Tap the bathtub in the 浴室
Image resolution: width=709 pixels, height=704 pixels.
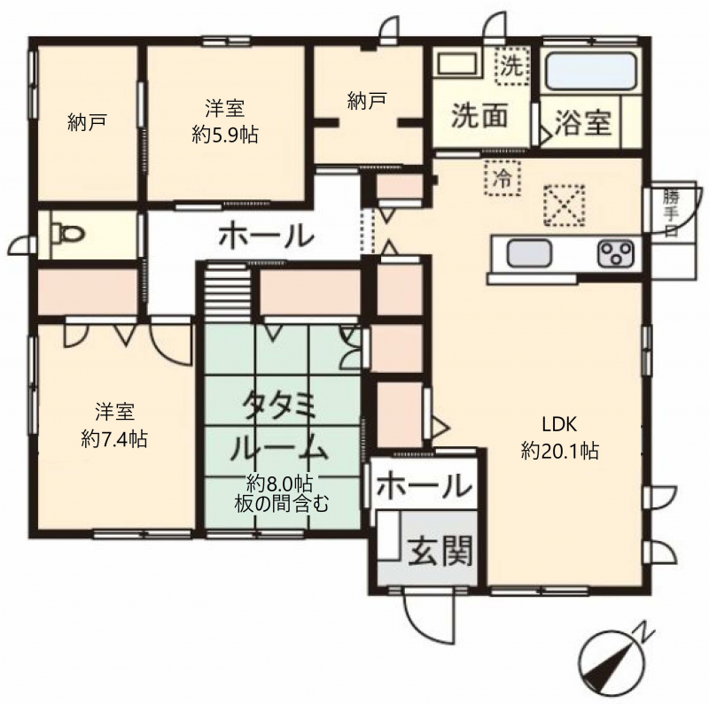pyautogui.click(x=591, y=71)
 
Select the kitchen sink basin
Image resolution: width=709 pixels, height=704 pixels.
pyautogui.click(x=529, y=253)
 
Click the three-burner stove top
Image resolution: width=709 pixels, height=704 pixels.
pyautogui.click(x=615, y=253)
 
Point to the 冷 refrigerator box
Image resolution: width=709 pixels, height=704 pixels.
pyautogui.click(x=503, y=178)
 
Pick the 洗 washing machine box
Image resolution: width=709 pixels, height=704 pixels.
pyautogui.click(x=512, y=66)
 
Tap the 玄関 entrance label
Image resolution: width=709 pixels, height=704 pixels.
pyautogui.click(x=440, y=551)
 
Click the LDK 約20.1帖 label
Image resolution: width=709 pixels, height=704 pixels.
pyautogui.click(x=560, y=437)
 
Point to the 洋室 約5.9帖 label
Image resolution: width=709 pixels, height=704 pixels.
pyautogui.click(x=225, y=121)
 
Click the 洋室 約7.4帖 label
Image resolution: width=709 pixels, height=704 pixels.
pyautogui.click(x=114, y=425)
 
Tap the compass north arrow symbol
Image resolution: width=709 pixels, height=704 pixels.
pyautogui.click(x=617, y=656)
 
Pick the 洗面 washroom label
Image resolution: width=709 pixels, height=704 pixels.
pyautogui.click(x=479, y=116)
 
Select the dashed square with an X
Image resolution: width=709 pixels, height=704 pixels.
pyautogui.click(x=565, y=205)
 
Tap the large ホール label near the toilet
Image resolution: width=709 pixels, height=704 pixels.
pyautogui.click(x=267, y=236)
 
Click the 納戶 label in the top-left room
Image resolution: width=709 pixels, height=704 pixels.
pyautogui.click(x=87, y=122)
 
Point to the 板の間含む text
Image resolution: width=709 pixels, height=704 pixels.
pyautogui.click(x=281, y=504)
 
